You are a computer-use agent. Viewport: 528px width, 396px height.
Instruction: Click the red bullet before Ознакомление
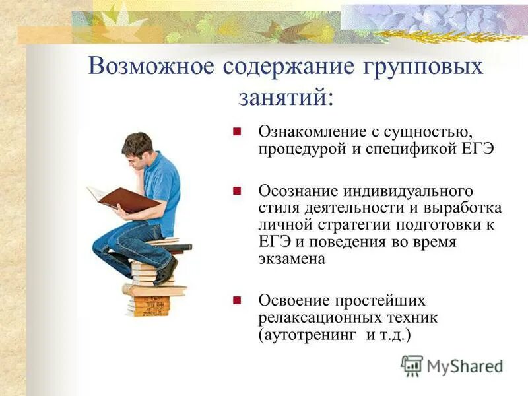(238, 131)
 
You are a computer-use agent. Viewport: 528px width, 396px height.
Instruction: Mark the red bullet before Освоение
(238, 300)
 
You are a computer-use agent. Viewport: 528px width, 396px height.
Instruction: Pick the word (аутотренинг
(309, 335)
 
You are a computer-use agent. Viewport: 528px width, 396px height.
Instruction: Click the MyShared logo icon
(412, 365)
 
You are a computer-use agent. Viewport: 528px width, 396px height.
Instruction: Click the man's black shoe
(166, 271)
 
